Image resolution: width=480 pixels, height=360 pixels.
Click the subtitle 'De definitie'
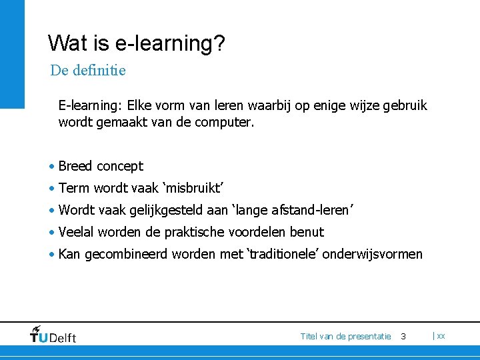pyautogui.click(x=88, y=70)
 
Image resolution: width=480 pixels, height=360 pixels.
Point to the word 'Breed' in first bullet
pyautogui.click(x=76, y=166)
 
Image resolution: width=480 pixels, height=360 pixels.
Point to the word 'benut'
pyautogui.click(x=308, y=232)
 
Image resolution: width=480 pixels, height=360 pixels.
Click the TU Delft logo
pyautogui.click(x=53, y=335)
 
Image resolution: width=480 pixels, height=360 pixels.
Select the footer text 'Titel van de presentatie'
pyautogui.click(x=345, y=336)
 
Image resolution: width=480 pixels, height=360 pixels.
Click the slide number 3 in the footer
pyautogui.click(x=403, y=336)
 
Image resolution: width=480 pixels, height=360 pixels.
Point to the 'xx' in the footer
pyautogui.click(x=441, y=336)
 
